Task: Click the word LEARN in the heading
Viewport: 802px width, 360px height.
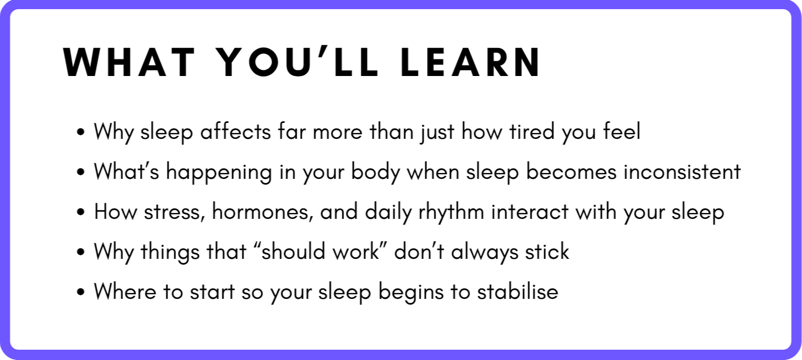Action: (x=470, y=62)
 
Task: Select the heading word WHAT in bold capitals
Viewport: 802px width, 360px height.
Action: (x=129, y=62)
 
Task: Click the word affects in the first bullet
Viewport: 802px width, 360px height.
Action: (x=236, y=131)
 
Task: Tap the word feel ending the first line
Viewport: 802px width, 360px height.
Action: (x=622, y=131)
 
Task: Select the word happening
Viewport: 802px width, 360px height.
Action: (x=219, y=173)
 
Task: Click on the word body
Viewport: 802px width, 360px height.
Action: (x=375, y=173)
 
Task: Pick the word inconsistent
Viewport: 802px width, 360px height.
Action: (x=682, y=171)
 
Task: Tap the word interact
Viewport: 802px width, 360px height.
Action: (x=530, y=211)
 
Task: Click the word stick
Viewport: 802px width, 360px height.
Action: (x=547, y=251)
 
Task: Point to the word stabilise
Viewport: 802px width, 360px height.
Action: (x=518, y=291)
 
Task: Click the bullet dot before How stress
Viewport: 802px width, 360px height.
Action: (x=81, y=212)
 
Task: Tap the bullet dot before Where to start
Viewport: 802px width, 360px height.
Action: (x=81, y=291)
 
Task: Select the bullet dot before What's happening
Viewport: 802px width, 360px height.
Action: (x=81, y=172)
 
